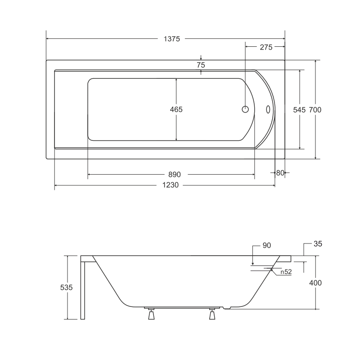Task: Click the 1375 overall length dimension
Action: (x=172, y=39)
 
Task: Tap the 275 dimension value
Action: (x=266, y=47)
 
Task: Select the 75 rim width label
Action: (x=201, y=65)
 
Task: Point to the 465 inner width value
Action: (x=176, y=109)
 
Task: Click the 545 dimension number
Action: (x=299, y=110)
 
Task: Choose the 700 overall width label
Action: (x=315, y=110)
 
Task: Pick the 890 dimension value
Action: (x=175, y=175)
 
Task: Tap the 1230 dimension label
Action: (x=171, y=185)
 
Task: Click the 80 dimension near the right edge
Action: (x=280, y=173)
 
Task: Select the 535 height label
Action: (x=66, y=287)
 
